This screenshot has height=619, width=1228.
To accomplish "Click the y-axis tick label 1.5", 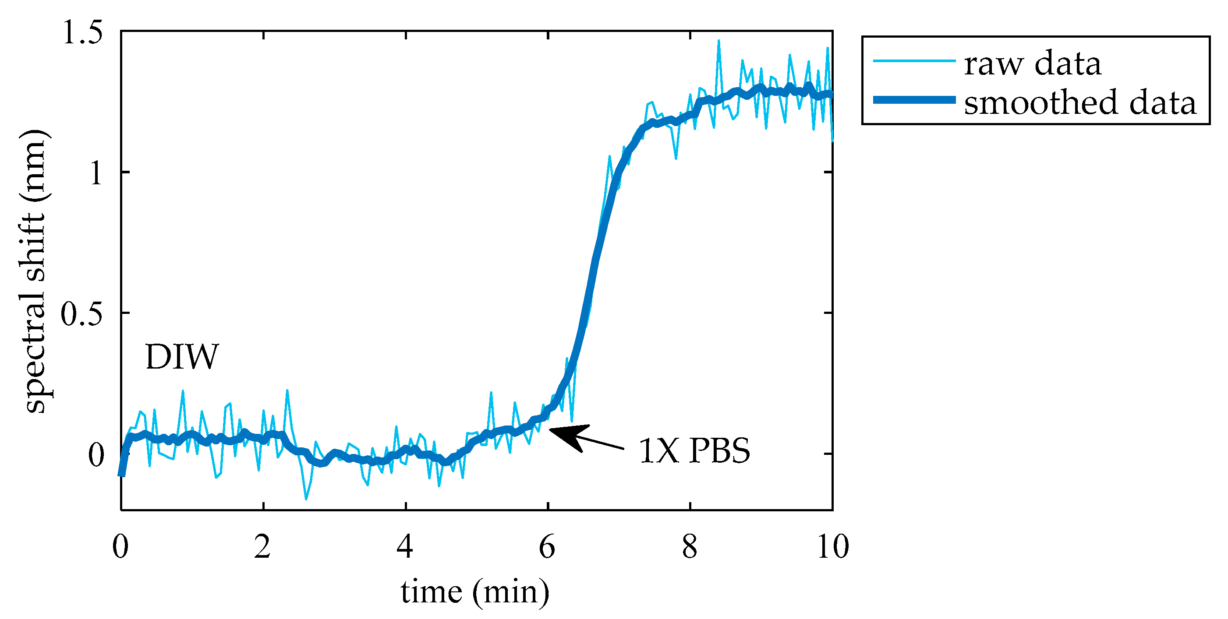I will point(82,33).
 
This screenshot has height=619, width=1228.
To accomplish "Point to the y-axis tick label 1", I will point(96,172).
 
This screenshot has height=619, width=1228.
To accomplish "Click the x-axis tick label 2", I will point(263,547).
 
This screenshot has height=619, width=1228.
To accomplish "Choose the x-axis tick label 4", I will point(405,547).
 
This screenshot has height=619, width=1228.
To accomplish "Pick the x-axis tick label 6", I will point(547,547).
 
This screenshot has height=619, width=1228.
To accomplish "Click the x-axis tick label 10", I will point(832,547).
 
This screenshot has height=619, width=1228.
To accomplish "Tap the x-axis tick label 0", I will point(120,547).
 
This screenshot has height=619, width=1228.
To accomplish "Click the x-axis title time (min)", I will point(475,592).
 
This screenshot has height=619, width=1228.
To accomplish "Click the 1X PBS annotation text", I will point(694,451).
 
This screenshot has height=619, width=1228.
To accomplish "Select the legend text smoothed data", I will point(1080,102).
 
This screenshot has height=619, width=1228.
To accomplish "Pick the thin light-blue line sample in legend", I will point(914,61).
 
